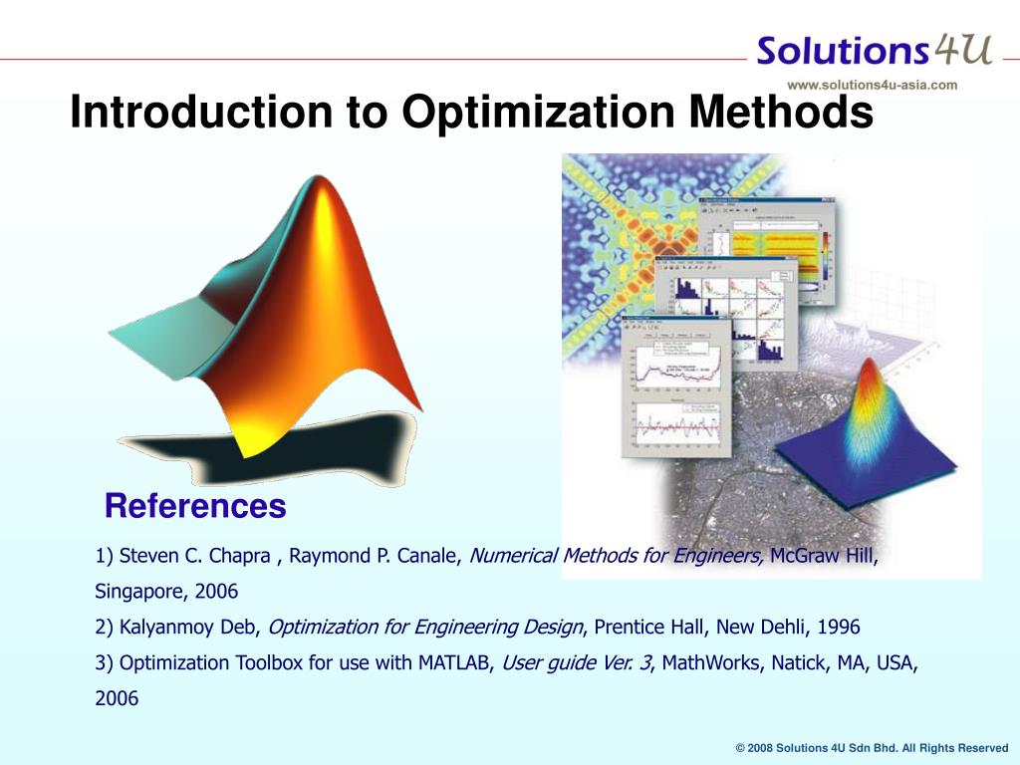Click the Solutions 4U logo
coord(874,50)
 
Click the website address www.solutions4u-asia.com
coord(872,85)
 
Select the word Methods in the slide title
coord(778,112)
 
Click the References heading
coord(195,506)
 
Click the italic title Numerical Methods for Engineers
coord(616,556)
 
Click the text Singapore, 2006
coord(166,592)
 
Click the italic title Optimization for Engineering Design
coord(426,628)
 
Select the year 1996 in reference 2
coord(839,628)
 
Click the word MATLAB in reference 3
coord(454,663)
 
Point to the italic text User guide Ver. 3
coord(577,663)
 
